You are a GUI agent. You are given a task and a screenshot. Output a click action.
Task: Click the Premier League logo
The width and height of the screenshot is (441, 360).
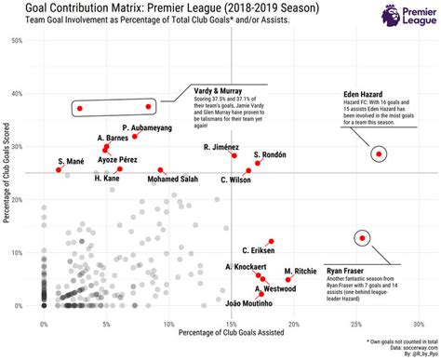point(410,16)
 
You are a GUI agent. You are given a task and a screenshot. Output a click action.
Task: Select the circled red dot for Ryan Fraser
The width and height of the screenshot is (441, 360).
point(361,238)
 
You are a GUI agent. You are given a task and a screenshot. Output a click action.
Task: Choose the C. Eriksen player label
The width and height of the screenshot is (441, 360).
point(260,249)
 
